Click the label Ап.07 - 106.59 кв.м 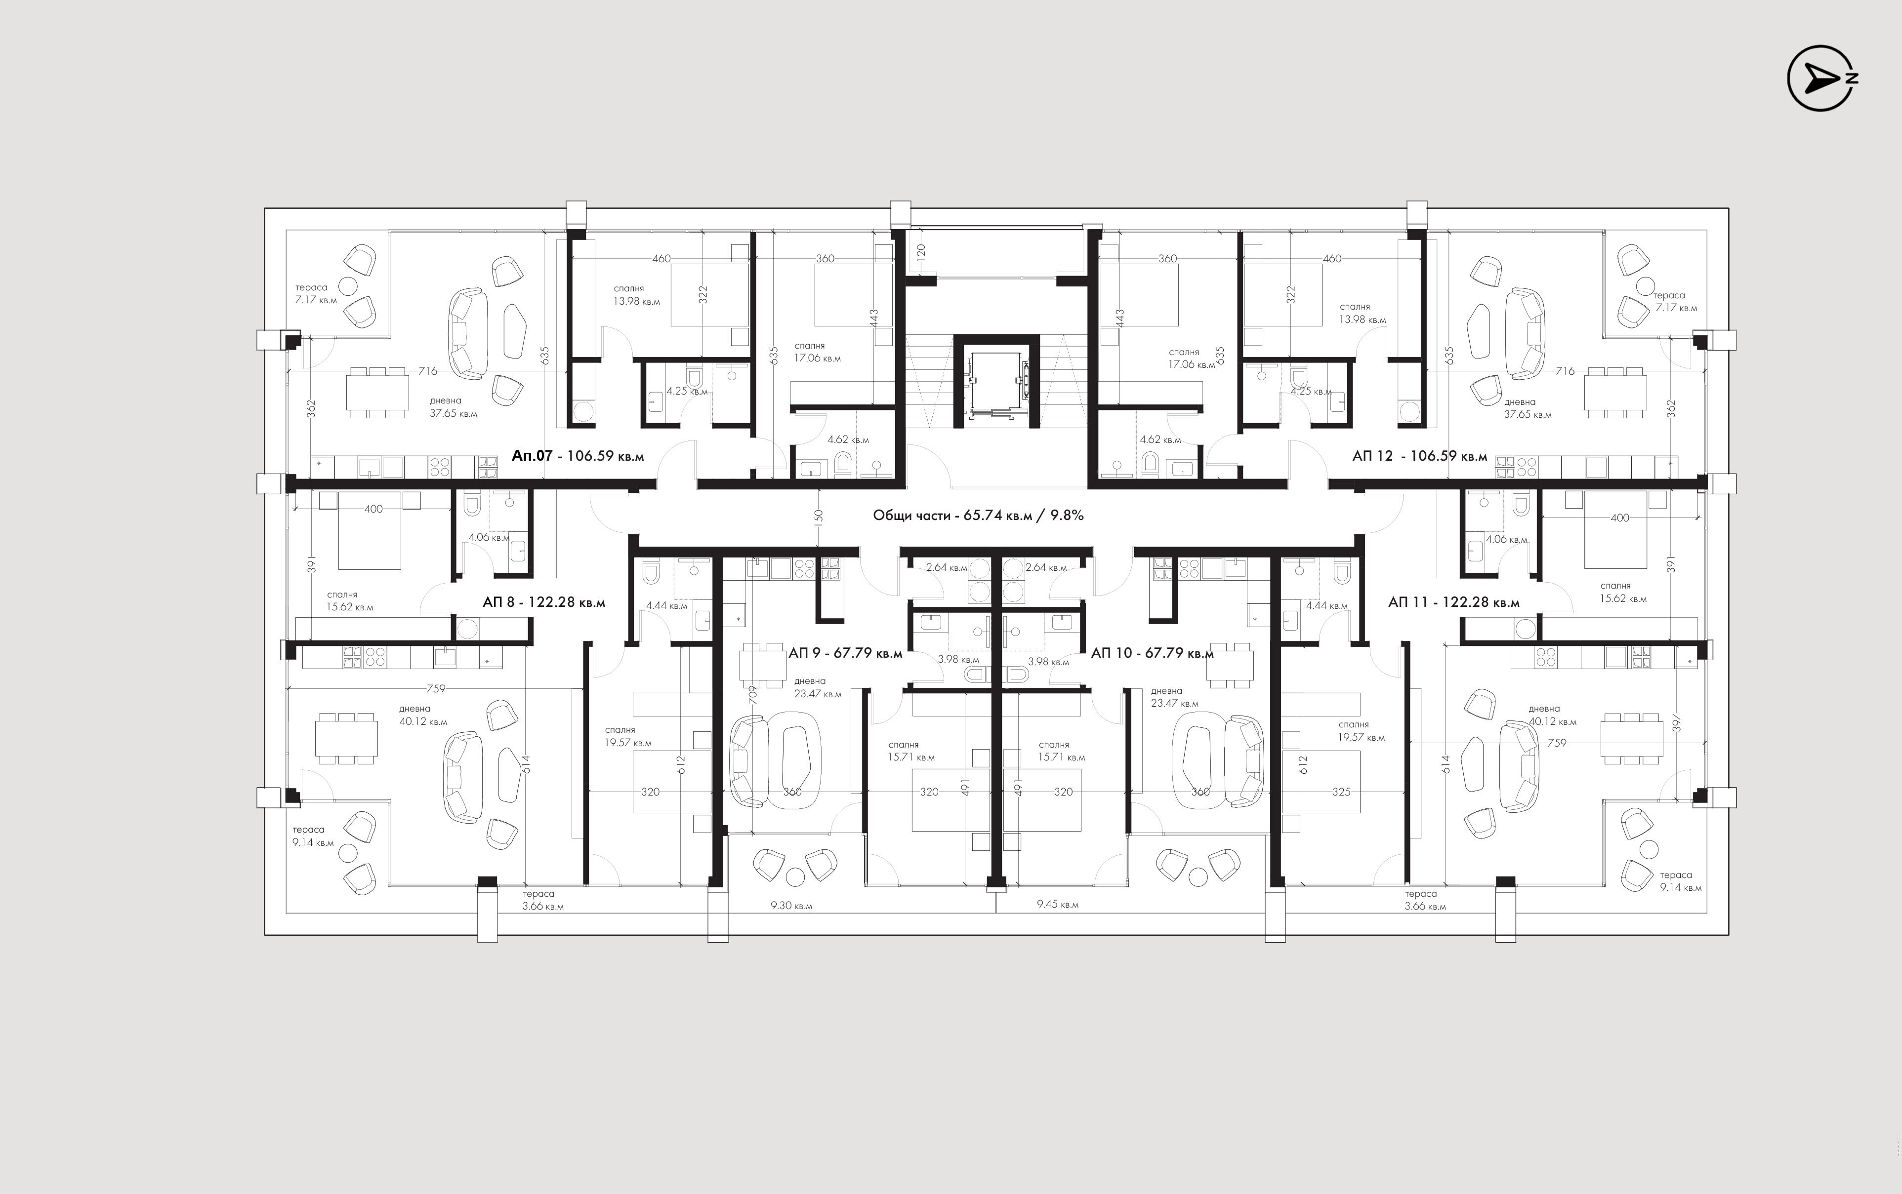[578, 456]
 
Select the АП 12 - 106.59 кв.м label [1419, 456]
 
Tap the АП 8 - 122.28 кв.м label [543, 602]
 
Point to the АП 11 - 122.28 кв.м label [1453, 602]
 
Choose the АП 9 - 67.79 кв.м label [845, 653]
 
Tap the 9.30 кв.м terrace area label [791, 906]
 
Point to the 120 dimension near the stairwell [921, 253]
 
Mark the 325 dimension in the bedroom [1341, 791]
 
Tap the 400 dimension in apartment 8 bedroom [373, 509]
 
